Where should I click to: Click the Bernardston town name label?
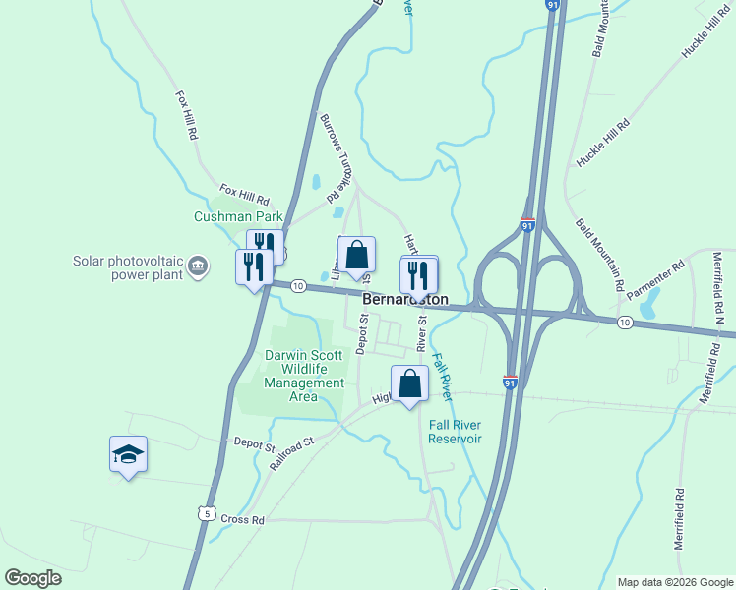point(405,299)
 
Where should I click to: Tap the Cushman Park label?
point(238,216)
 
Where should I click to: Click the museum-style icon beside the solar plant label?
point(198,264)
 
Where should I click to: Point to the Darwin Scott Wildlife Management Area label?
point(305,376)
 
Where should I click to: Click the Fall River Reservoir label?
point(456,432)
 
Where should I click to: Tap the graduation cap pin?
point(128,454)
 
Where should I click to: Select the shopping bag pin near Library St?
point(356,255)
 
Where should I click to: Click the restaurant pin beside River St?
point(418,272)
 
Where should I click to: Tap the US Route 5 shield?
point(205,513)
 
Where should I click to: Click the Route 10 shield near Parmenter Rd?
point(625,322)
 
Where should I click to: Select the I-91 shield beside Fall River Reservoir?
point(510,380)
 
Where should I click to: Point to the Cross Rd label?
point(243,519)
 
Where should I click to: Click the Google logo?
point(33,578)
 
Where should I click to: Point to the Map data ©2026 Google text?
point(674,582)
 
